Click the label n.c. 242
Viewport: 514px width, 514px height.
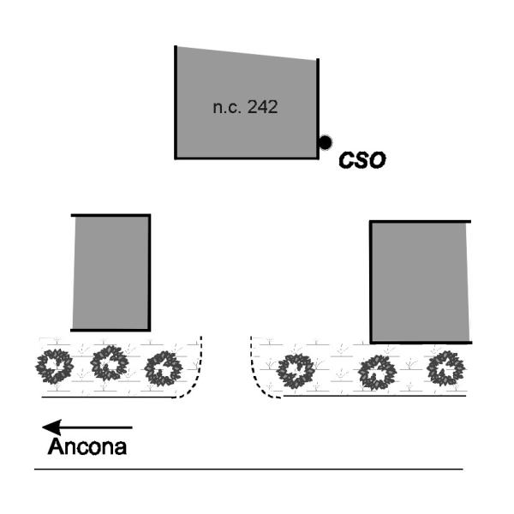pos(245,108)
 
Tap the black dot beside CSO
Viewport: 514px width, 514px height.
pos(326,142)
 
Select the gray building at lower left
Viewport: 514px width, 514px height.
pos(111,272)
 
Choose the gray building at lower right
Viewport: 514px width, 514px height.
pos(420,281)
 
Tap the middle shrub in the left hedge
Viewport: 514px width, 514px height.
pos(110,363)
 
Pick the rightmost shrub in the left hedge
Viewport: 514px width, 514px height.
pos(163,369)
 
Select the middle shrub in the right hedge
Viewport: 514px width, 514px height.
pos(377,373)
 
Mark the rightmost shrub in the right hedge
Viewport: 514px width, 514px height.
pos(446,369)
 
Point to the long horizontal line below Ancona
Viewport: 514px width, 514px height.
pos(248,469)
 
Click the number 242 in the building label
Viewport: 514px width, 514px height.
pos(263,108)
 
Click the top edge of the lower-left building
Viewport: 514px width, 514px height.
pos(111,215)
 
